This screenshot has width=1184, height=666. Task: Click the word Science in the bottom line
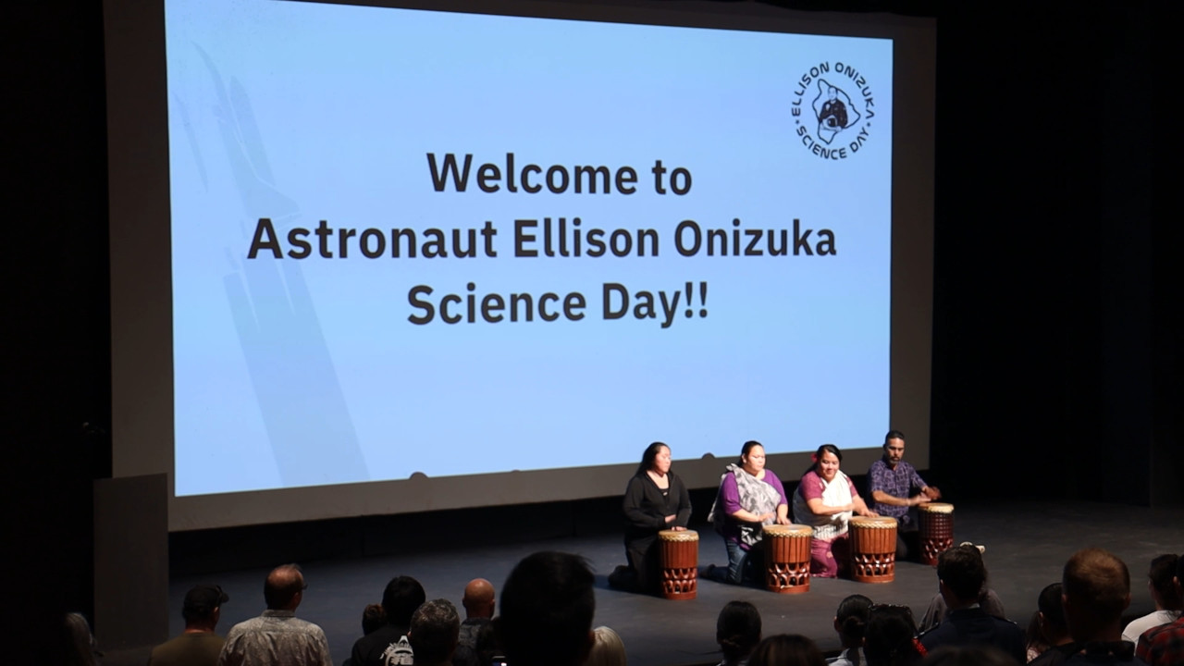(x=497, y=304)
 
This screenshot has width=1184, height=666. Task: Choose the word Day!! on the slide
(x=655, y=306)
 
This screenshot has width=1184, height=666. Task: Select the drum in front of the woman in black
(x=678, y=563)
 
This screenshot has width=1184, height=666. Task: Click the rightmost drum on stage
(x=936, y=533)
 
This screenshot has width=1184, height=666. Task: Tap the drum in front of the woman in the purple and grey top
(x=787, y=558)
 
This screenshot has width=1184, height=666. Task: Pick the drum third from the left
(x=872, y=549)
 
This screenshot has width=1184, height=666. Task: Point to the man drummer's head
(x=894, y=449)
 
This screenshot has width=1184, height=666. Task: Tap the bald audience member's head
(x=478, y=598)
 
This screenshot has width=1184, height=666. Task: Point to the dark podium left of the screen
(x=130, y=555)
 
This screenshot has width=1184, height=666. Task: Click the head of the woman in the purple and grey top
(x=752, y=457)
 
